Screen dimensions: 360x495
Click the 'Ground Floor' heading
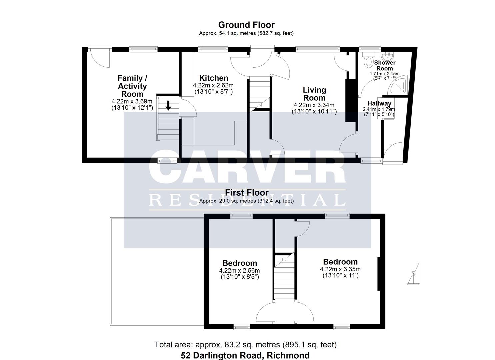[x=246, y=25]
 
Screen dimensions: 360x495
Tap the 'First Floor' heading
[x=247, y=193]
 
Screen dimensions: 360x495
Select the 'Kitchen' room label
[x=213, y=78]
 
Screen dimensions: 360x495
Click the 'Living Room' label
[x=314, y=94]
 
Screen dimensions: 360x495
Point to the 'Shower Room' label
[x=385, y=65]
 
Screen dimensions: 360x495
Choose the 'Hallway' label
[x=379, y=103]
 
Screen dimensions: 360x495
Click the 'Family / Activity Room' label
[x=132, y=86]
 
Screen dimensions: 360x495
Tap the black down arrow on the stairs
[x=168, y=105]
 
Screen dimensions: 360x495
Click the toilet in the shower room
[x=369, y=61]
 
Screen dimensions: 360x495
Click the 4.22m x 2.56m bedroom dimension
[x=239, y=270]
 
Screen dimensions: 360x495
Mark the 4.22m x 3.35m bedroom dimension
[x=340, y=269]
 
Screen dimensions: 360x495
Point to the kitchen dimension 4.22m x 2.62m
[x=213, y=85]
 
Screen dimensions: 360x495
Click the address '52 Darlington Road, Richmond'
[x=245, y=355]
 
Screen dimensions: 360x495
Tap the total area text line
[x=245, y=345]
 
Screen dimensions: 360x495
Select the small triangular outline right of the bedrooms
[x=414, y=275]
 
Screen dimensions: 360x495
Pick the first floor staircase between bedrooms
[x=284, y=277]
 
